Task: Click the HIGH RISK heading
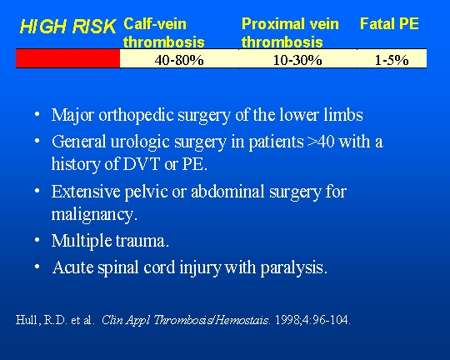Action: [x=68, y=27]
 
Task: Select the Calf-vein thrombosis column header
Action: [x=164, y=32]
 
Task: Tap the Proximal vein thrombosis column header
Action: [x=290, y=32]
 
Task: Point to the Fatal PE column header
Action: [x=389, y=23]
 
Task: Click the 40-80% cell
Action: [x=179, y=60]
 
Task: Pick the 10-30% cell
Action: [x=297, y=60]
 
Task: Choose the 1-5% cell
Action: [x=392, y=60]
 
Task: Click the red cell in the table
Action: [x=67, y=58]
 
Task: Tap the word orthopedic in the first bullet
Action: [x=137, y=115]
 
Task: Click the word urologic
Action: [x=139, y=142]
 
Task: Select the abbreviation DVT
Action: [x=141, y=164]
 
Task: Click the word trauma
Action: [x=142, y=241]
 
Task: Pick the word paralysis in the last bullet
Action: [x=294, y=267]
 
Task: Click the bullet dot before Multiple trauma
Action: [x=37, y=240]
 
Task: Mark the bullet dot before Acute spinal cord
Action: [x=37, y=267]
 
